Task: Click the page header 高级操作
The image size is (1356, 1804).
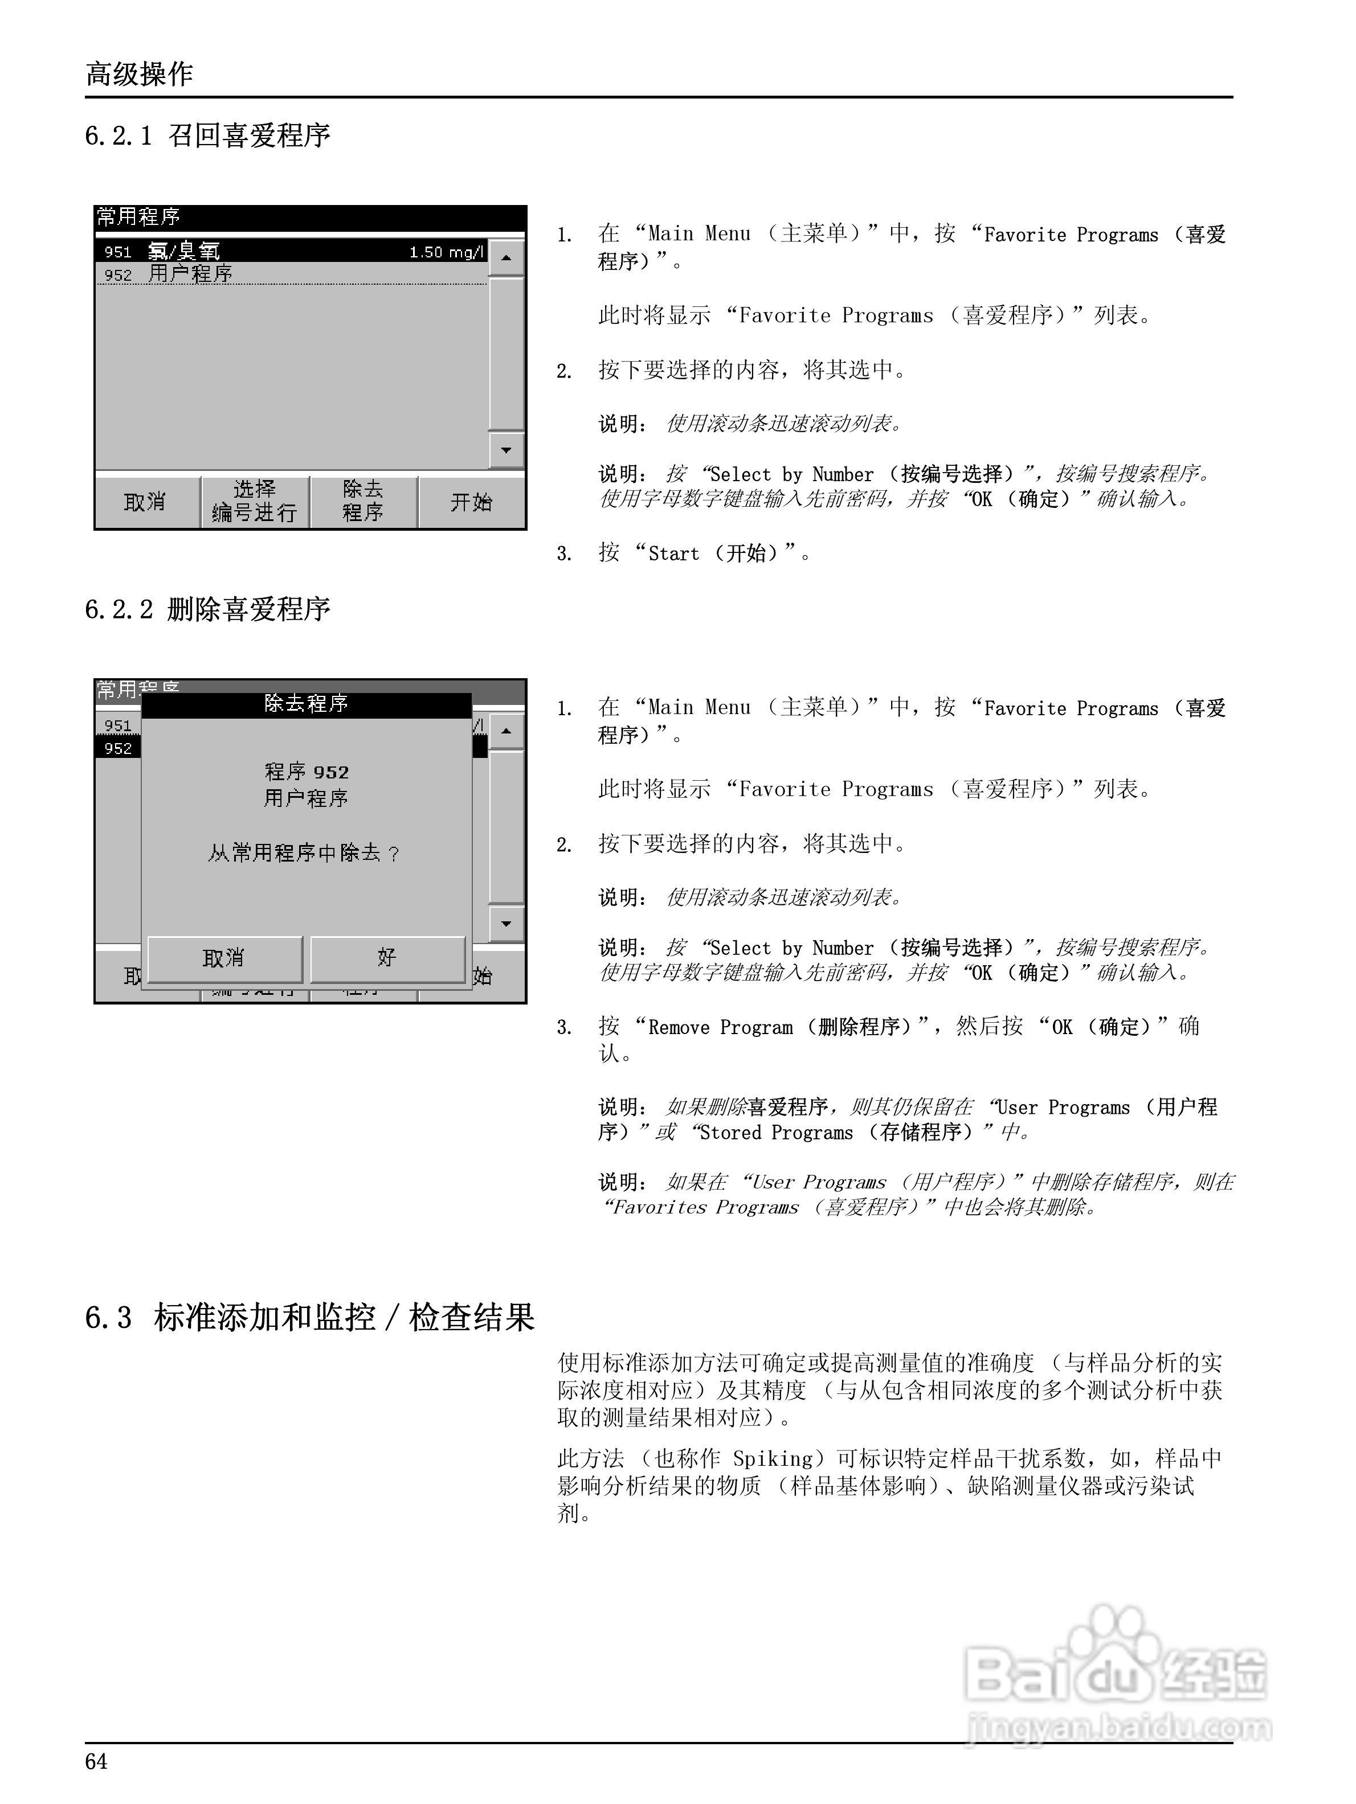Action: [138, 74]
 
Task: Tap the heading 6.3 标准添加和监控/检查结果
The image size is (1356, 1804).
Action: [310, 1317]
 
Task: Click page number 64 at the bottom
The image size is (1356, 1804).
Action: [96, 1762]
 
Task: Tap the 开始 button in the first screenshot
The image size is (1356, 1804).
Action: [472, 502]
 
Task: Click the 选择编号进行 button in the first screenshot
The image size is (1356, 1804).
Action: [255, 501]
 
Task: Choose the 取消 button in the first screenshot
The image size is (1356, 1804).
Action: [146, 502]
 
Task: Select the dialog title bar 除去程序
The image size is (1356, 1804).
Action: [306, 704]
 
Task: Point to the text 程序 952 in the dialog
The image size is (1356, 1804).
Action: [306, 772]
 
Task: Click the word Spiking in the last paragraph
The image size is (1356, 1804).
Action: [773, 1458]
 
